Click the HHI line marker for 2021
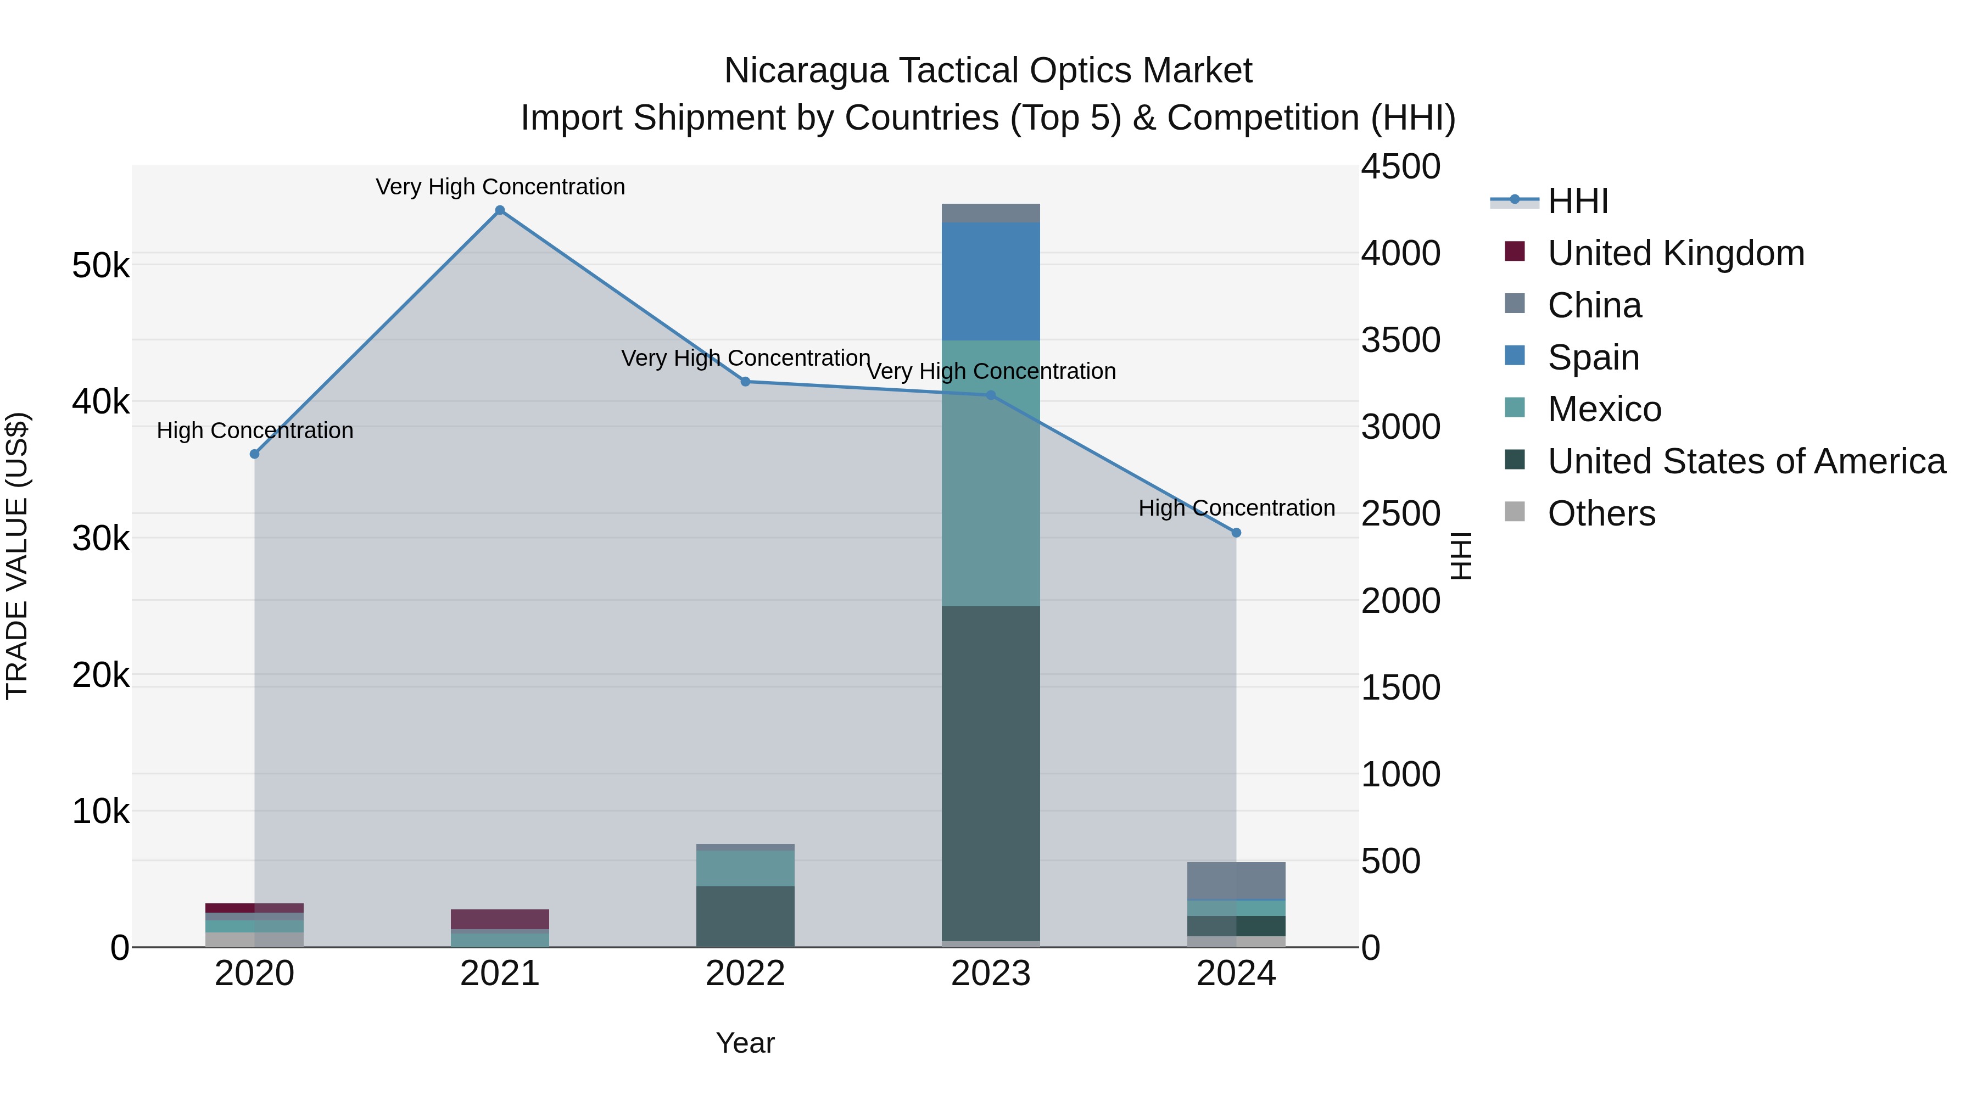point(500,210)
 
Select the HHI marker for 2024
point(1236,533)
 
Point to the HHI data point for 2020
point(255,454)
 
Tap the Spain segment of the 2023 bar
point(990,281)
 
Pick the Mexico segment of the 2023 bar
point(990,473)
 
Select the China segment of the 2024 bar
point(1236,880)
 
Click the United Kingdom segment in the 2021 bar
point(500,919)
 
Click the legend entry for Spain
point(1593,357)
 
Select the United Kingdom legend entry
point(1676,253)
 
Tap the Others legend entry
point(1601,513)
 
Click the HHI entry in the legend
point(1577,201)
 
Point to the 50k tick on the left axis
point(100,266)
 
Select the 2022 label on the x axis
point(745,974)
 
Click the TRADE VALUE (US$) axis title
point(18,556)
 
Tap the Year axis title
point(745,1043)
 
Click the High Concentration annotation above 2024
point(1236,508)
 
